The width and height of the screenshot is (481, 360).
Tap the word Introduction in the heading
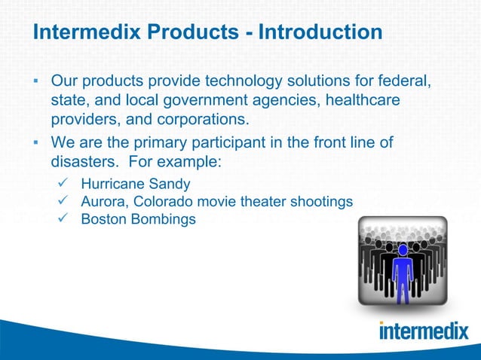click(320, 34)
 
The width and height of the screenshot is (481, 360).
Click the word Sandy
click(168, 183)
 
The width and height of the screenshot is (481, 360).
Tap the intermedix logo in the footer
click(424, 331)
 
